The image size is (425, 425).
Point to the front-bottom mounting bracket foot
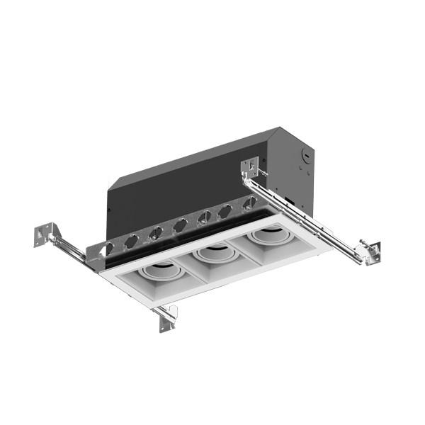(x=168, y=320)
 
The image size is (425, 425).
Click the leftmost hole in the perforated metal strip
(x=108, y=249)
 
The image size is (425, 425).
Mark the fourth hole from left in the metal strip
(x=179, y=225)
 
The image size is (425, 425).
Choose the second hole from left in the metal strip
(x=132, y=241)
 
